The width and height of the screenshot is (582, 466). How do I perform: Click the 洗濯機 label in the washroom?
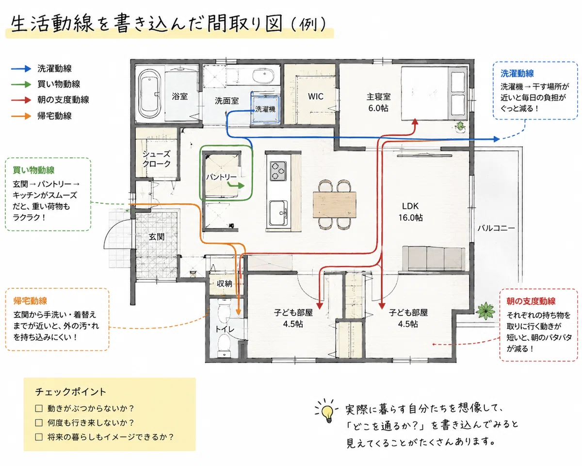click(265, 109)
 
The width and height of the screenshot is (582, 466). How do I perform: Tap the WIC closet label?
click(316, 97)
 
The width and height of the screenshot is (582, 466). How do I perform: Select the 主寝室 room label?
click(378, 97)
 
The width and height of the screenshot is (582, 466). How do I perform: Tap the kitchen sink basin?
click(278, 213)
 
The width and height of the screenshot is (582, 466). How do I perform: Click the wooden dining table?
click(335, 204)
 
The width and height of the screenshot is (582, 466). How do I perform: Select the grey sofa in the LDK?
click(434, 258)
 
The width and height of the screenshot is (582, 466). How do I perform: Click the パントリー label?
click(221, 177)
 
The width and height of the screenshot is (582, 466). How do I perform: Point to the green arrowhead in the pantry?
click(241, 186)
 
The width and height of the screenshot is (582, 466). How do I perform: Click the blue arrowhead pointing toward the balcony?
click(496, 139)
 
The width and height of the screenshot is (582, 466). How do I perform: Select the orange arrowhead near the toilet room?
click(238, 312)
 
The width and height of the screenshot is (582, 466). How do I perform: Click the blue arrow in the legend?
click(21, 68)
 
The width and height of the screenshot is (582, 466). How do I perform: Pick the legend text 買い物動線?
click(59, 84)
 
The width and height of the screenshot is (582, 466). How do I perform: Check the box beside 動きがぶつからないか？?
click(39, 408)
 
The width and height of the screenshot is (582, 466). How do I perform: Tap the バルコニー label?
click(496, 228)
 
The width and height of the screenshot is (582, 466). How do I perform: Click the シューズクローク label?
click(157, 159)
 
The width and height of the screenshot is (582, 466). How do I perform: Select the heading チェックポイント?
click(70, 392)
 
